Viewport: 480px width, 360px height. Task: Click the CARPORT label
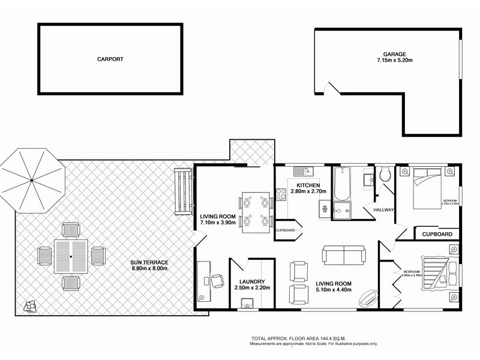(110, 59)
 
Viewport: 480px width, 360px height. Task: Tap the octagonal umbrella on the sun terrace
(31, 181)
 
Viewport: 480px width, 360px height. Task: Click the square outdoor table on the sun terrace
(71, 256)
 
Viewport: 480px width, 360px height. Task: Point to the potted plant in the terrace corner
(28, 307)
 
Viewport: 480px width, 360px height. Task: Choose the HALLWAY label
(383, 210)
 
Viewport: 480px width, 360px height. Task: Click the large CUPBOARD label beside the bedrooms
(437, 234)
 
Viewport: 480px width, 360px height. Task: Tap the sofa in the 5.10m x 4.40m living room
(344, 255)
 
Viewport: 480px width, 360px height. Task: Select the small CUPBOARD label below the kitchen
(285, 230)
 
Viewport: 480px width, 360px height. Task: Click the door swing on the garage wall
(331, 89)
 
